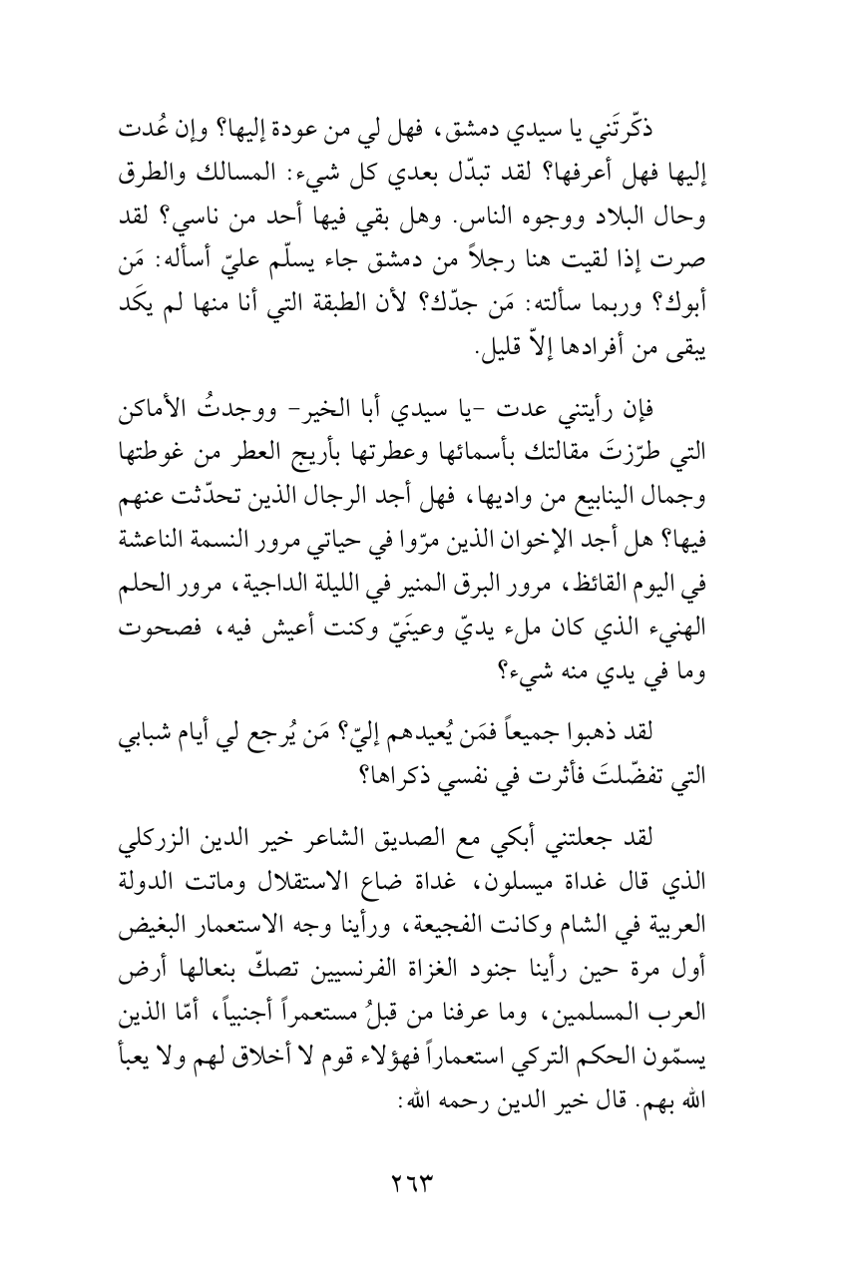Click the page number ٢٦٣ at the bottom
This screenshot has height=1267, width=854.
427,1183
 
